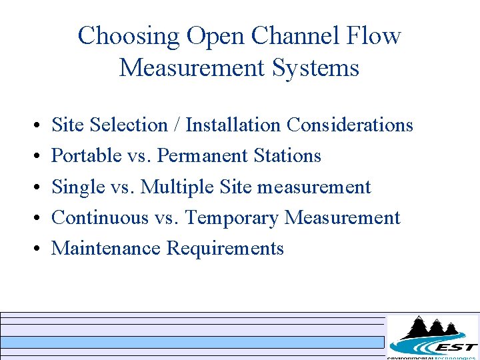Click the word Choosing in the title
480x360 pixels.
[129, 36]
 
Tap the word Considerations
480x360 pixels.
[350, 125]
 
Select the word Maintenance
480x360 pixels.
[106, 248]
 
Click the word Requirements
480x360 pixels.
[225, 248]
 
